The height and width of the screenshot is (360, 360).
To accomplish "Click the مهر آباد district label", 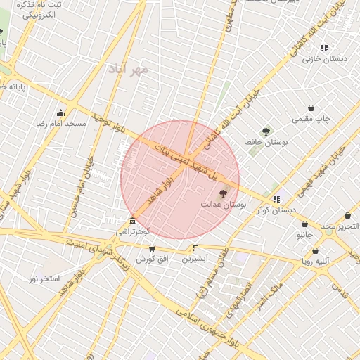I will point(129,69).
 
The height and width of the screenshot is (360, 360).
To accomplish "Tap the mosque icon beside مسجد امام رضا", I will point(60,112).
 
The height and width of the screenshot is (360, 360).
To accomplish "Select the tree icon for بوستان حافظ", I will point(266,131).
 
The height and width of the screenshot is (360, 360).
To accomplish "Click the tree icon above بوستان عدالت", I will point(224,193).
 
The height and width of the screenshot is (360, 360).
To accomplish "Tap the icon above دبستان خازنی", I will point(324,48).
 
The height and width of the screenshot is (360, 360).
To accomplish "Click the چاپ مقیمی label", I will point(311,119).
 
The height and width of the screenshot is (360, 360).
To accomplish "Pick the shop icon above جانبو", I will point(306,223).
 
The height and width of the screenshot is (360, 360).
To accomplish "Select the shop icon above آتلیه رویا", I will point(314,251).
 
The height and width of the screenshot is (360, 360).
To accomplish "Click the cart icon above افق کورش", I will point(151,249).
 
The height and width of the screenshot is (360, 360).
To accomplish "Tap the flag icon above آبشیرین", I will point(195,247).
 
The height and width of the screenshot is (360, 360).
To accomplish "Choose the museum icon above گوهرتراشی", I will point(133,221).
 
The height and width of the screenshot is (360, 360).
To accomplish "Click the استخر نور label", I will point(44,279).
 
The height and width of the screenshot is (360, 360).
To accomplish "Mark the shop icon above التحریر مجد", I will point(348,216).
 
